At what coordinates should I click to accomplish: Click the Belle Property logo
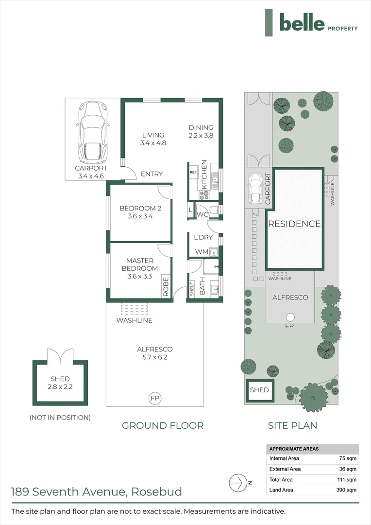point(311,23)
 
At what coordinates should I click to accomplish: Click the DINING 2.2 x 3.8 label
point(201,132)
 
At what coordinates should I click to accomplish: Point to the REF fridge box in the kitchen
point(193,173)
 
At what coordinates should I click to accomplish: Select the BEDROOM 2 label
point(140,212)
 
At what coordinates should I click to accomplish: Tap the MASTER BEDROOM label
point(140,268)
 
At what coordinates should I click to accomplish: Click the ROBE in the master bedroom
point(166,287)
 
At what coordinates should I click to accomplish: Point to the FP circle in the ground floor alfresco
point(155,399)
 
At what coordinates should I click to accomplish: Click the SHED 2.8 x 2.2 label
point(60,383)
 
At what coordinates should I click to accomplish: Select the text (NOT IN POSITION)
point(60,417)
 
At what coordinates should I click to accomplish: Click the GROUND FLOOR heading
point(162,425)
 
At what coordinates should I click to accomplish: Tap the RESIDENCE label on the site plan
point(294,224)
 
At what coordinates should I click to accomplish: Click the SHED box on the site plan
point(259,390)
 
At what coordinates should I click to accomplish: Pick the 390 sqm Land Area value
point(348,490)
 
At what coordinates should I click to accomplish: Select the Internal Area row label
point(285,458)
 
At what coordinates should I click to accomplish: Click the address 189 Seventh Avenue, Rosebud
point(96,491)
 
